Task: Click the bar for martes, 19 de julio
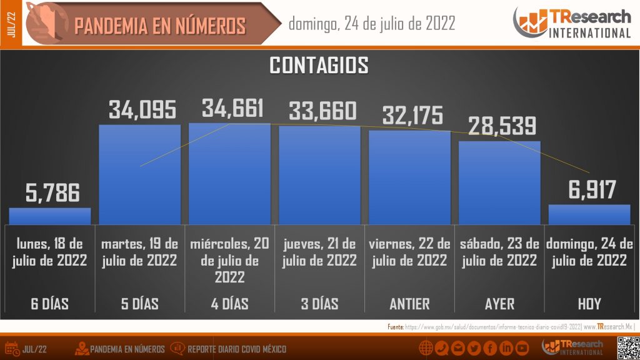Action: [140, 174]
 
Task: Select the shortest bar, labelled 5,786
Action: [50, 216]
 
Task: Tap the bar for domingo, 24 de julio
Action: [589, 214]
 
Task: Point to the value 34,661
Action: [232, 108]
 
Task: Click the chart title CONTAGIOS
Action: [319, 65]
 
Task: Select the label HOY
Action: [589, 304]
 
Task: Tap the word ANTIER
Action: [409, 304]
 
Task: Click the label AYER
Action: [499, 304]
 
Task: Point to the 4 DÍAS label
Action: [229, 304]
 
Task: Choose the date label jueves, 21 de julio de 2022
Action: [319, 252]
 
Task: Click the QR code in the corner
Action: [627, 347]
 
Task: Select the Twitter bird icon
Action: [474, 348]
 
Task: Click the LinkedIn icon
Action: [506, 348]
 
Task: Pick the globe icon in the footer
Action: [426, 348]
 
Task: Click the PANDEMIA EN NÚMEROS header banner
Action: [159, 26]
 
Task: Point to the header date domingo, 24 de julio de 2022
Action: [372, 24]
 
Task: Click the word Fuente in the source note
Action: [395, 327]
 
